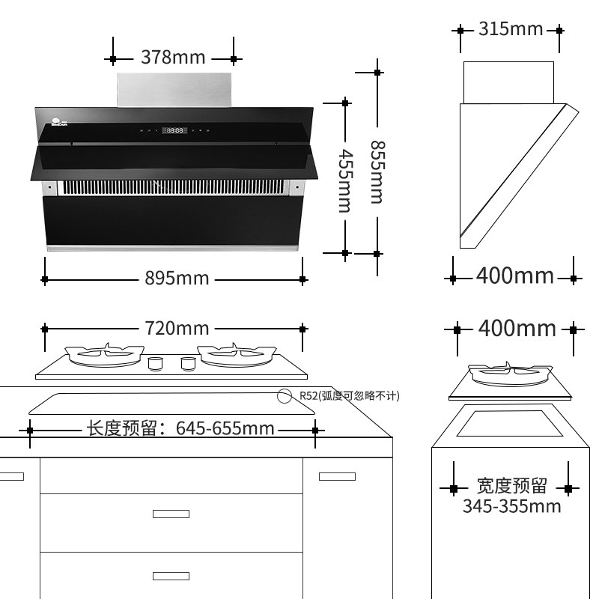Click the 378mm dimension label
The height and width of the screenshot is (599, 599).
pyautogui.click(x=173, y=58)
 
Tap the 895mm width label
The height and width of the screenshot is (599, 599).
pyautogui.click(x=177, y=279)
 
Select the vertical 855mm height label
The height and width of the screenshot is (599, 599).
pyautogui.click(x=376, y=172)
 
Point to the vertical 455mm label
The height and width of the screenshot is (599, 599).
pyautogui.click(x=344, y=180)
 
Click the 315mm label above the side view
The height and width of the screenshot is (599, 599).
pyautogui.click(x=510, y=29)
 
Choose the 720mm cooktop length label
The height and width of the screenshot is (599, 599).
pyautogui.click(x=177, y=328)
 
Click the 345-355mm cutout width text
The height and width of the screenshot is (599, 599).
pyautogui.click(x=511, y=506)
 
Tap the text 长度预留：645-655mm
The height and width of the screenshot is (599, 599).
pyautogui.click(x=180, y=429)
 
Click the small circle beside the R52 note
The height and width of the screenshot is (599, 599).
pyautogui.click(x=285, y=396)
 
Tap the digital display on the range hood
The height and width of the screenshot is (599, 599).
pyautogui.click(x=175, y=131)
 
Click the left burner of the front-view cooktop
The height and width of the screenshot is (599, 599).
pyautogui.click(x=104, y=353)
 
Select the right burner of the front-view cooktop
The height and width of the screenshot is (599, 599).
pyautogui.click(x=234, y=353)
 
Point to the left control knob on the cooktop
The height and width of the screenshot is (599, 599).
pyautogui.click(x=155, y=364)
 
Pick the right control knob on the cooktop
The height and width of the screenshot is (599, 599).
pyautogui.click(x=187, y=364)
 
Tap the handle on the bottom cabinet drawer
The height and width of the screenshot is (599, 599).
pyautogui.click(x=171, y=576)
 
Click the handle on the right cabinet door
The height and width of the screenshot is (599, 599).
pyautogui.click(x=337, y=476)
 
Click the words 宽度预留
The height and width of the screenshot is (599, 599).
pyautogui.click(x=511, y=486)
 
